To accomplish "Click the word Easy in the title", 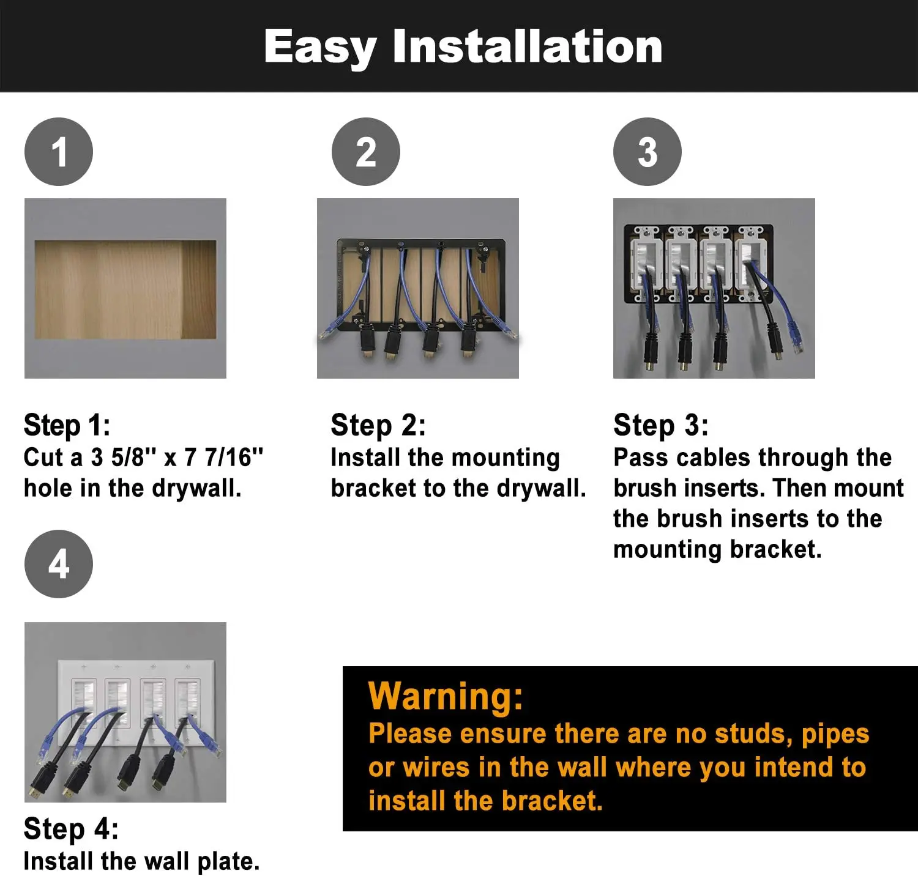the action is (x=320, y=48).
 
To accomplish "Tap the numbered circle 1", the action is (x=59, y=152).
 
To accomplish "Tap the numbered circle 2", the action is (x=366, y=152).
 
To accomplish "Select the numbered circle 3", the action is (x=647, y=152).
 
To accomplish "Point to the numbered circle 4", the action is (x=59, y=564).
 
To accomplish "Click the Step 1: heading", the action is (x=67, y=426).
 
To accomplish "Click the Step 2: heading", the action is (x=378, y=426).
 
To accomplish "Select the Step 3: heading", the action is (x=661, y=426).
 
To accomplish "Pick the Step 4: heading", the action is (x=71, y=830).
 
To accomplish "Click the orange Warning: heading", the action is (x=446, y=696).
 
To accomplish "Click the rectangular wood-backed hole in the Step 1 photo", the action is (x=125, y=289).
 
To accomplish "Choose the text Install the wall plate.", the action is (x=142, y=861).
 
